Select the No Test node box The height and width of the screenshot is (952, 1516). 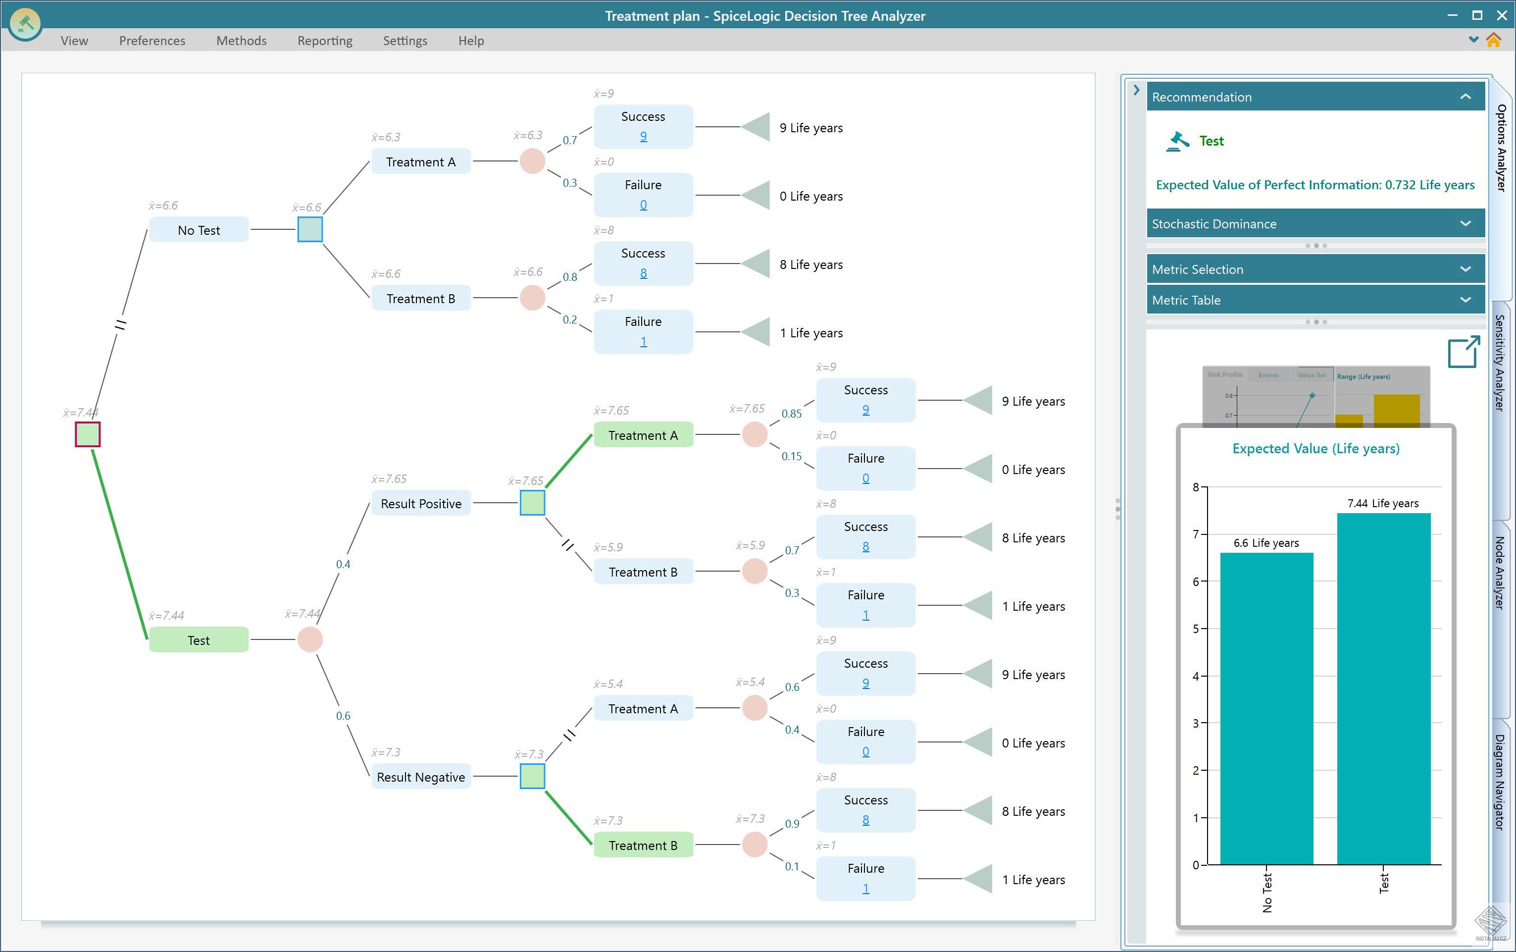click(199, 230)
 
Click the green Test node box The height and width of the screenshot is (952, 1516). click(199, 640)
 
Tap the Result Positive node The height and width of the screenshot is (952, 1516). click(420, 503)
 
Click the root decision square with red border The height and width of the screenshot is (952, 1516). click(88, 434)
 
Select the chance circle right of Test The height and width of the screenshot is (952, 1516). click(309, 640)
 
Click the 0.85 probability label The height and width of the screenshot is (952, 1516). click(791, 414)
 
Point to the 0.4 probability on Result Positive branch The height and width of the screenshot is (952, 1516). click(343, 564)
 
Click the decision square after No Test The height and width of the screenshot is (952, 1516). click(309, 229)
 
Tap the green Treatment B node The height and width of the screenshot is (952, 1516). click(643, 845)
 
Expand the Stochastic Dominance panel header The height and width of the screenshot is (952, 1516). click(1315, 223)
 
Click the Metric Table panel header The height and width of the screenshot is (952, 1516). click(1315, 300)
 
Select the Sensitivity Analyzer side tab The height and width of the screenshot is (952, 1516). click(1500, 362)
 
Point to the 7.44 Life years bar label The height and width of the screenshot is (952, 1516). click(1383, 503)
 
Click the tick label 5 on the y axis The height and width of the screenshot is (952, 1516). click(1196, 629)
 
